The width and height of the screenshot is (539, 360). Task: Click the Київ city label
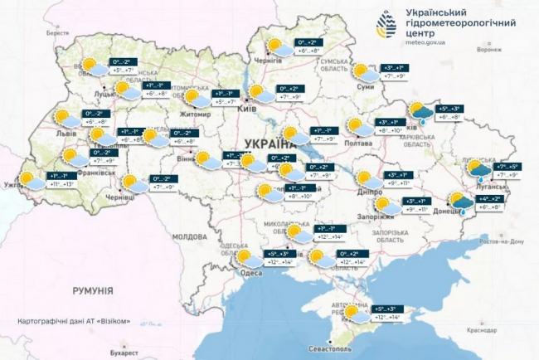click(246, 109)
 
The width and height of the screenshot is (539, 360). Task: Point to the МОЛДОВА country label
click(188, 236)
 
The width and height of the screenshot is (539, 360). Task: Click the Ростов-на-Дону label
click(498, 241)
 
